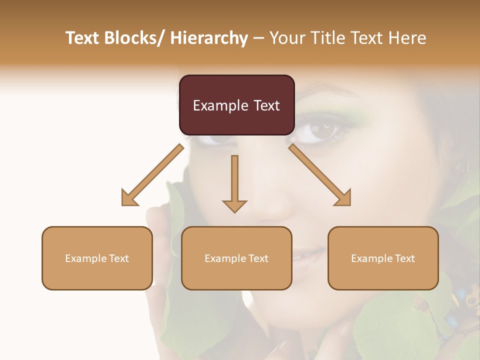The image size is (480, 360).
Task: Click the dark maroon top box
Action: [x=236, y=105]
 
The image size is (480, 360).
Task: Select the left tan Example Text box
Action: [x=97, y=258]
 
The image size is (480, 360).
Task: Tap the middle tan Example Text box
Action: [x=236, y=258]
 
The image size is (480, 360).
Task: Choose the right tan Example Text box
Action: [x=383, y=258]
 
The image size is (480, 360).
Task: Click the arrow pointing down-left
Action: [x=152, y=175]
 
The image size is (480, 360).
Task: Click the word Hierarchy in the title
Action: [x=209, y=38]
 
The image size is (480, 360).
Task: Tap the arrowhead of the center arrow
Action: [x=234, y=205]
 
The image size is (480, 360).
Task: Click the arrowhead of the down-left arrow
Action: [x=129, y=198]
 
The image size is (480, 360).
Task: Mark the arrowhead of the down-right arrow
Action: [x=343, y=198]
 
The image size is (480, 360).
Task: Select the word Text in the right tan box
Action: [x=404, y=258]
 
